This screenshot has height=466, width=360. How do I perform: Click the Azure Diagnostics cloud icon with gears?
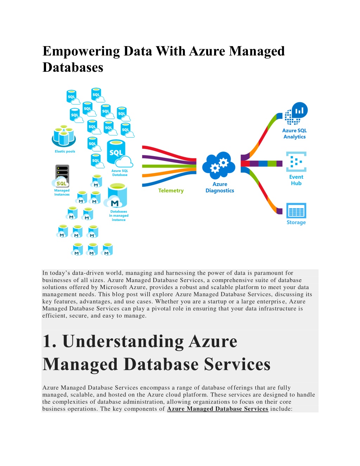coord(219,165)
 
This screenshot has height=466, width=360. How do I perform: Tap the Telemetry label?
coord(171,190)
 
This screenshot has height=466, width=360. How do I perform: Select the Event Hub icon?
coord(296,161)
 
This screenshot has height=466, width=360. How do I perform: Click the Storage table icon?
coord(296,210)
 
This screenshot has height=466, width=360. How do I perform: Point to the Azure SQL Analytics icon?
coord(296,114)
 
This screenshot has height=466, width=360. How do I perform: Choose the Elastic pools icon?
coord(64,135)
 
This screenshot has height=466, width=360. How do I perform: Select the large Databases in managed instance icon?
coord(116,196)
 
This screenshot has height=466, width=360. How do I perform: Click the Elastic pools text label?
coord(65,151)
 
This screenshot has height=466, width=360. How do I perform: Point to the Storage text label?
coord(296,222)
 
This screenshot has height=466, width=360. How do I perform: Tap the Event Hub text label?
coord(296,180)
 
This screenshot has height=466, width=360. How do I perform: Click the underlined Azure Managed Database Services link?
coord(218,409)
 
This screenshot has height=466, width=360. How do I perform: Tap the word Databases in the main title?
coord(73,67)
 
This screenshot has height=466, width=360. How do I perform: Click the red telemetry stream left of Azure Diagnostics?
coord(169,153)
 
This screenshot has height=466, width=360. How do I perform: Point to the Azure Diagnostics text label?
coord(220,187)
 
